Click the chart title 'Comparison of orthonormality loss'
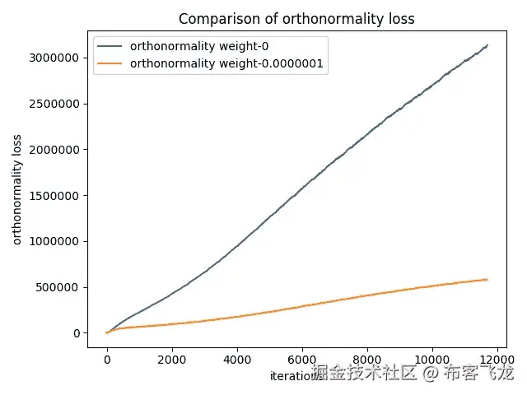click(296, 19)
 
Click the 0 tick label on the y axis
click(75, 333)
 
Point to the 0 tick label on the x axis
click(107, 360)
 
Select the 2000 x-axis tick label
click(172, 360)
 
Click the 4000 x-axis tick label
click(237, 360)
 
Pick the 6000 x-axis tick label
click(302, 360)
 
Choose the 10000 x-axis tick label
click(432, 360)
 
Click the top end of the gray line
click(487, 45)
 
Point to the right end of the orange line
click(487, 280)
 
